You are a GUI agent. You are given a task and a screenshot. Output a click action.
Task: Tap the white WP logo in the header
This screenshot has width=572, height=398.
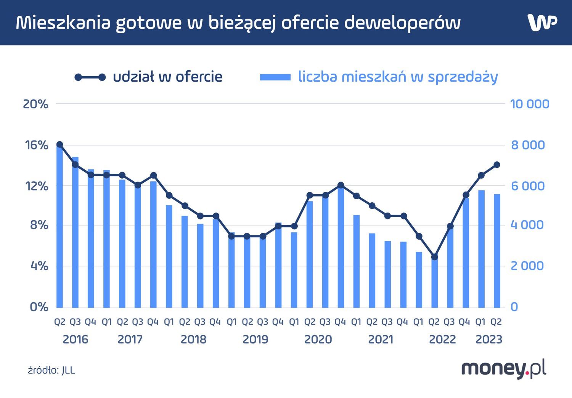point(542,23)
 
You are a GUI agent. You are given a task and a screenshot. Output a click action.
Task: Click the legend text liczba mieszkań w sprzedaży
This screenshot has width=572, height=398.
point(398,77)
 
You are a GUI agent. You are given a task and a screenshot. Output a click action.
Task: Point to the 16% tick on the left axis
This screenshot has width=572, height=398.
point(37,145)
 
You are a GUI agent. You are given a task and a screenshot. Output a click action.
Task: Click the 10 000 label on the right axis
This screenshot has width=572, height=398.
point(529,104)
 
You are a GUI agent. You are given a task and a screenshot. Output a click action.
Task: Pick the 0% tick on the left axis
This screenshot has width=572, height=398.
point(39,307)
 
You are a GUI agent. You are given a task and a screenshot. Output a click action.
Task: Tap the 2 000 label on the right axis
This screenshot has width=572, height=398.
point(527,266)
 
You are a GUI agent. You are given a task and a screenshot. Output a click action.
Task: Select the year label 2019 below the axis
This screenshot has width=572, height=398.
point(255,339)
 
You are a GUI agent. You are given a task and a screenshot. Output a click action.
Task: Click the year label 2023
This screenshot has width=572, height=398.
point(488,339)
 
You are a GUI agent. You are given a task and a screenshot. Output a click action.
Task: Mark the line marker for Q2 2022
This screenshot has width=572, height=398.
point(434,257)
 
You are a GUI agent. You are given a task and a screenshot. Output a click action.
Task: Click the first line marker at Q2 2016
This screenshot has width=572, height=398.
point(59,145)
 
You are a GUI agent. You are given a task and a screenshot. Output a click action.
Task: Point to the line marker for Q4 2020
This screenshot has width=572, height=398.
point(341,185)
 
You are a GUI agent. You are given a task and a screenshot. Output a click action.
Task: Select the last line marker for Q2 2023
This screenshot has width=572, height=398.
point(497,165)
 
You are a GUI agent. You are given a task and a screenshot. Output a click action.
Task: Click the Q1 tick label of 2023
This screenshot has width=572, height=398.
point(480,322)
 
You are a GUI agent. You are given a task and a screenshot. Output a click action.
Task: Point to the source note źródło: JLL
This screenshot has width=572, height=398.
point(51,370)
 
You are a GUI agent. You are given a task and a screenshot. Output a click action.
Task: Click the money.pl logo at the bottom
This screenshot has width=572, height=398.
point(504,369)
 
